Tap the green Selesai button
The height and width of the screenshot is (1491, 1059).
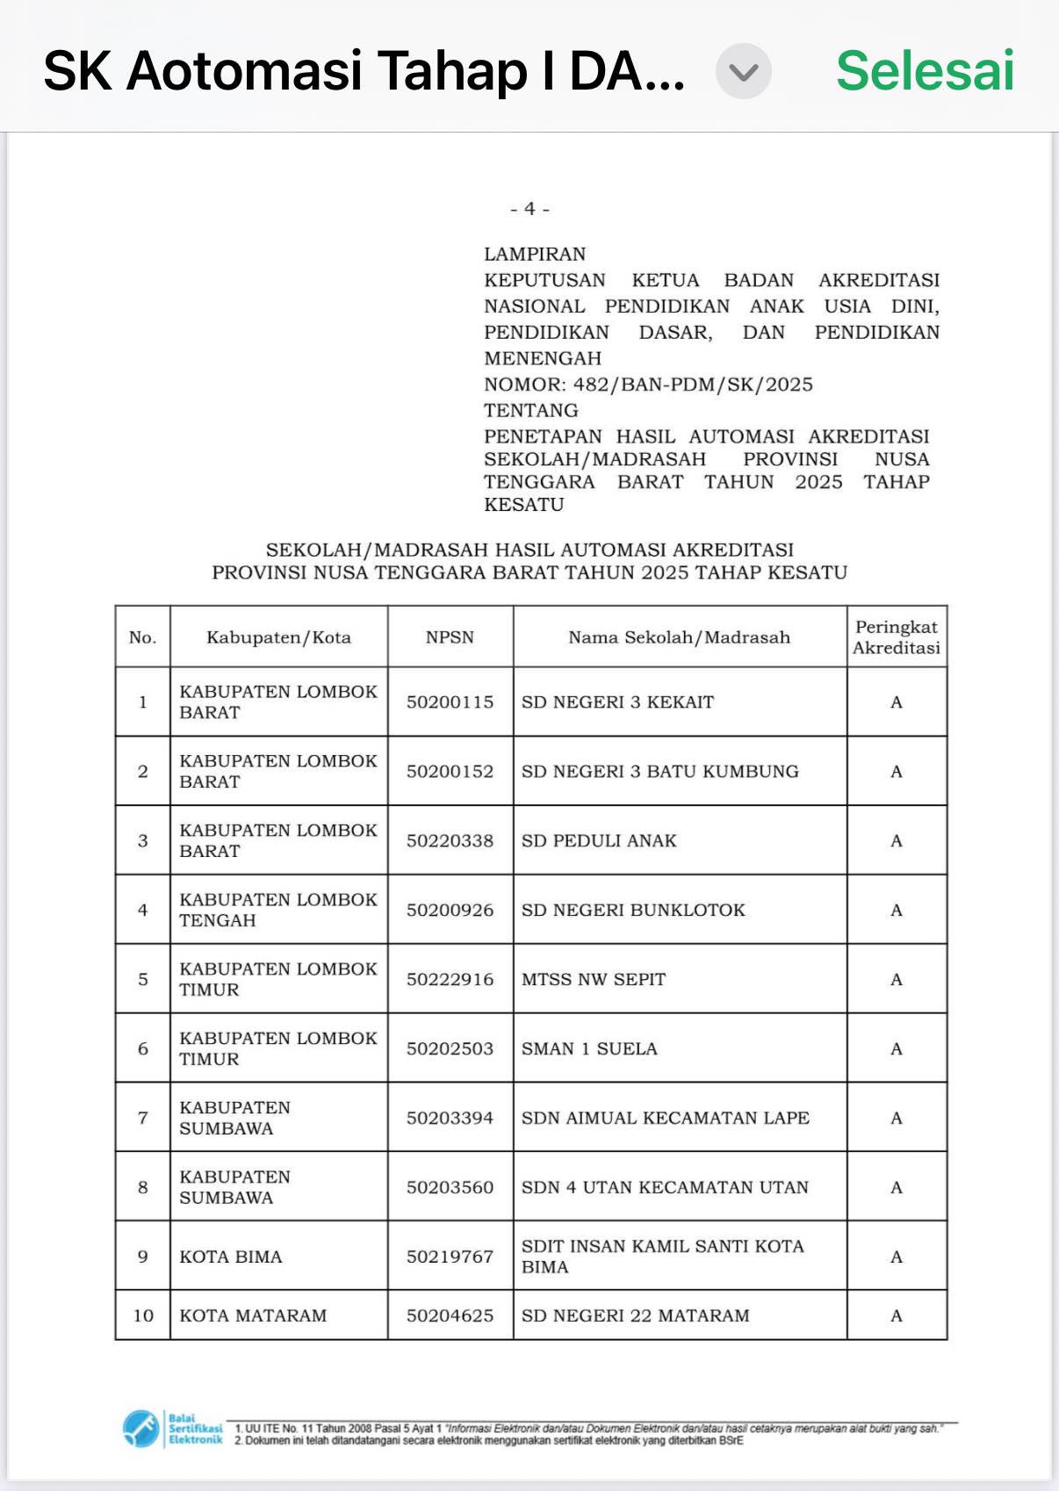click(925, 70)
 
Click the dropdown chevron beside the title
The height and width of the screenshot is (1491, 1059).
click(743, 71)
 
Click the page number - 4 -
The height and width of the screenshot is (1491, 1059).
click(529, 209)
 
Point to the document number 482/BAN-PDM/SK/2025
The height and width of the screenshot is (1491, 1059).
click(693, 385)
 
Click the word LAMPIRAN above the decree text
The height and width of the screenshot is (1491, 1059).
click(535, 255)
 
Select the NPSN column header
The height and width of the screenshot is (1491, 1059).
click(450, 637)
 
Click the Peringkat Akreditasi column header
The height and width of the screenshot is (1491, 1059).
click(896, 637)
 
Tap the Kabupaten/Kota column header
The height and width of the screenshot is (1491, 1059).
click(278, 637)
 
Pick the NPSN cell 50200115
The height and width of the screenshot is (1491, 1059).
click(450, 702)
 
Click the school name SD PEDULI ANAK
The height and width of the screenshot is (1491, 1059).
click(599, 841)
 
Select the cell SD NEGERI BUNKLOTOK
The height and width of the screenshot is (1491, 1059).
click(633, 911)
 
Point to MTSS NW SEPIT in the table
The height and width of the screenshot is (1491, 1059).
click(594, 980)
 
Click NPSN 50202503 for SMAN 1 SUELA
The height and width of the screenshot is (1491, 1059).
click(450, 1049)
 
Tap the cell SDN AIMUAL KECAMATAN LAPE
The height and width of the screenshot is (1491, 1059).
click(666, 1119)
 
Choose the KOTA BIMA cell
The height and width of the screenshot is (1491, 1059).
click(231, 1257)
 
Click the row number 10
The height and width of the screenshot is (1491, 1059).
click(143, 1316)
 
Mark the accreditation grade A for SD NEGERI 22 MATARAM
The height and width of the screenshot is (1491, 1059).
click(897, 1316)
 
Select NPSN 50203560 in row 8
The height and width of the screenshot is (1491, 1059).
click(450, 1188)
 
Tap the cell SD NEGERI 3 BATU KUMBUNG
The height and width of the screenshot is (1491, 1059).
click(660, 772)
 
